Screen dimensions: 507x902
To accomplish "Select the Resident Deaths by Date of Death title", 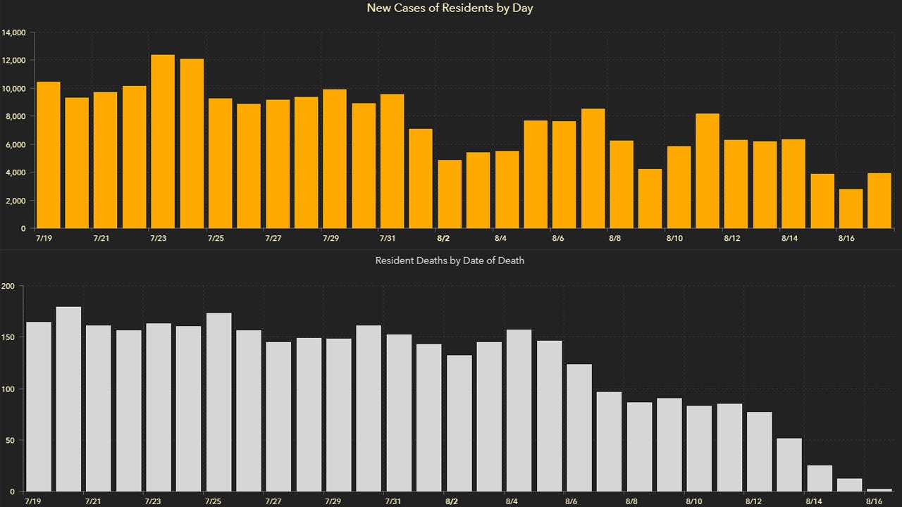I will (450, 261).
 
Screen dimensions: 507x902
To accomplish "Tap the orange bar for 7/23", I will (163, 142).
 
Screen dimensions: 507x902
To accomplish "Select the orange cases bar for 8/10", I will (679, 187).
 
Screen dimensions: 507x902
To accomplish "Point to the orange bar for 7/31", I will (392, 161).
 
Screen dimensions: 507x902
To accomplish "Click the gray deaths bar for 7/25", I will (219, 402).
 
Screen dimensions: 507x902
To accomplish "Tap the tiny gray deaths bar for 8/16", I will (879, 489).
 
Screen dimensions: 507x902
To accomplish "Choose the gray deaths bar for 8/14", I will (820, 478).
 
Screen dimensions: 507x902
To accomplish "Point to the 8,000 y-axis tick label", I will (16, 116).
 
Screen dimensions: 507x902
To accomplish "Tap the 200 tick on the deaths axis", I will (8, 286).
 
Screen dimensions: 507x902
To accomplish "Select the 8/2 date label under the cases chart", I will (443, 239).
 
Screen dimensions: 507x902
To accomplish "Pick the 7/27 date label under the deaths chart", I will (273, 501).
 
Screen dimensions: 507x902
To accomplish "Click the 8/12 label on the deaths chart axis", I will (754, 501).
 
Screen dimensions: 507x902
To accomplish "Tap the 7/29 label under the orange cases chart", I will (330, 239).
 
